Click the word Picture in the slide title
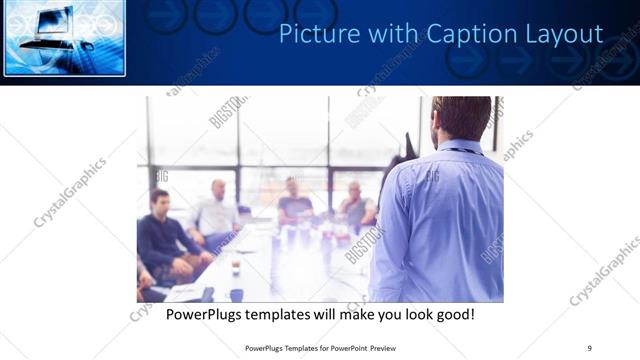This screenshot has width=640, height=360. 311,34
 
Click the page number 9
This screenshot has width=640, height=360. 589,347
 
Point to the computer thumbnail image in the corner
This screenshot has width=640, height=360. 64,38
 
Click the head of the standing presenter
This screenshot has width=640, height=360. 461,118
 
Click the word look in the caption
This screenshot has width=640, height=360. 409,315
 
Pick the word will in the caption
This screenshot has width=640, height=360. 320,315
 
